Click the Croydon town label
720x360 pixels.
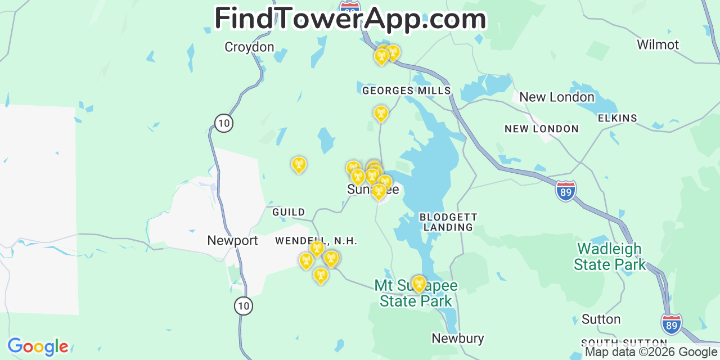[249, 47]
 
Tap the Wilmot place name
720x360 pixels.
[658, 44]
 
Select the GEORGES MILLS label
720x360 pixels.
[406, 91]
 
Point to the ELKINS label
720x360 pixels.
[617, 118]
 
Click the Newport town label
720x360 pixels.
[232, 241]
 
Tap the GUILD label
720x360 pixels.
[289, 212]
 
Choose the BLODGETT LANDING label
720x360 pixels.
[448, 222]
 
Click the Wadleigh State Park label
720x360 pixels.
[610, 256]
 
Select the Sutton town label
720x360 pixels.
[601, 319]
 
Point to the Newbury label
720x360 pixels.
[457, 338]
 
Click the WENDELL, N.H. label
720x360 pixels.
[316, 241]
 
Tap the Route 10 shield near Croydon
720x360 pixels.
[224, 123]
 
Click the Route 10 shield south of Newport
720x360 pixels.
[244, 306]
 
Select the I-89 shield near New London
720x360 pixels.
[566, 191]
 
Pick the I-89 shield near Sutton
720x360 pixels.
[672, 324]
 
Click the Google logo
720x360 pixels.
[38, 346]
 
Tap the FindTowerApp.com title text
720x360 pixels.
[350, 19]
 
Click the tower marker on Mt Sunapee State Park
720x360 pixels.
[418, 284]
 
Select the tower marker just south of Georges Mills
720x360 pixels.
[381, 113]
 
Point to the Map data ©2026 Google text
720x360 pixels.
[651, 353]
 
